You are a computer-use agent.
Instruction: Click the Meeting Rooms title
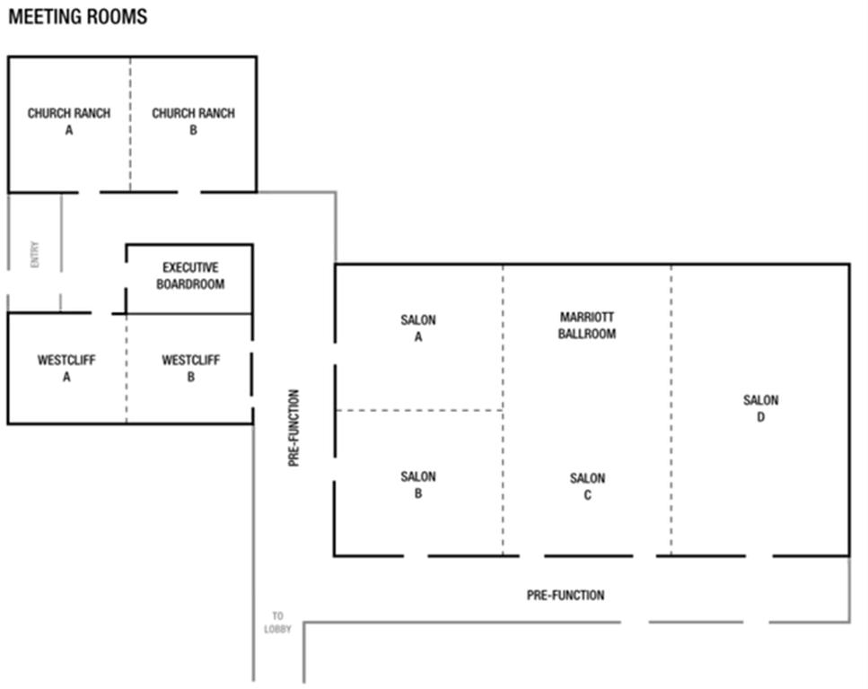[x=78, y=17]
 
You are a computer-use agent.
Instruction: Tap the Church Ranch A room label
[x=68, y=122]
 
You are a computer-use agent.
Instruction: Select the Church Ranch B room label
[x=193, y=122]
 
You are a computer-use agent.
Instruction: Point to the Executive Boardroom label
[x=190, y=276]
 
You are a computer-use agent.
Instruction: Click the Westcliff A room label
[x=66, y=369]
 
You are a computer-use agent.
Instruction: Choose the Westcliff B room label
[x=190, y=369]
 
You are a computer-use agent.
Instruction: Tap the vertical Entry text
[x=35, y=254]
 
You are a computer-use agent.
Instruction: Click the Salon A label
[x=418, y=328]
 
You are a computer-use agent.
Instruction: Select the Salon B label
[x=418, y=485]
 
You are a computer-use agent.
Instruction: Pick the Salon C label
[x=588, y=486]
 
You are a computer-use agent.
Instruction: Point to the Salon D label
[x=760, y=408]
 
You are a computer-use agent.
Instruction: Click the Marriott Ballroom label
[x=588, y=325]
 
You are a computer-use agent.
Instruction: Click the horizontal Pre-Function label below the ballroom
[x=566, y=595]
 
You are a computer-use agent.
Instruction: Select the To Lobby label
[x=277, y=623]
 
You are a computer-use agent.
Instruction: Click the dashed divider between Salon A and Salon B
[x=418, y=410]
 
